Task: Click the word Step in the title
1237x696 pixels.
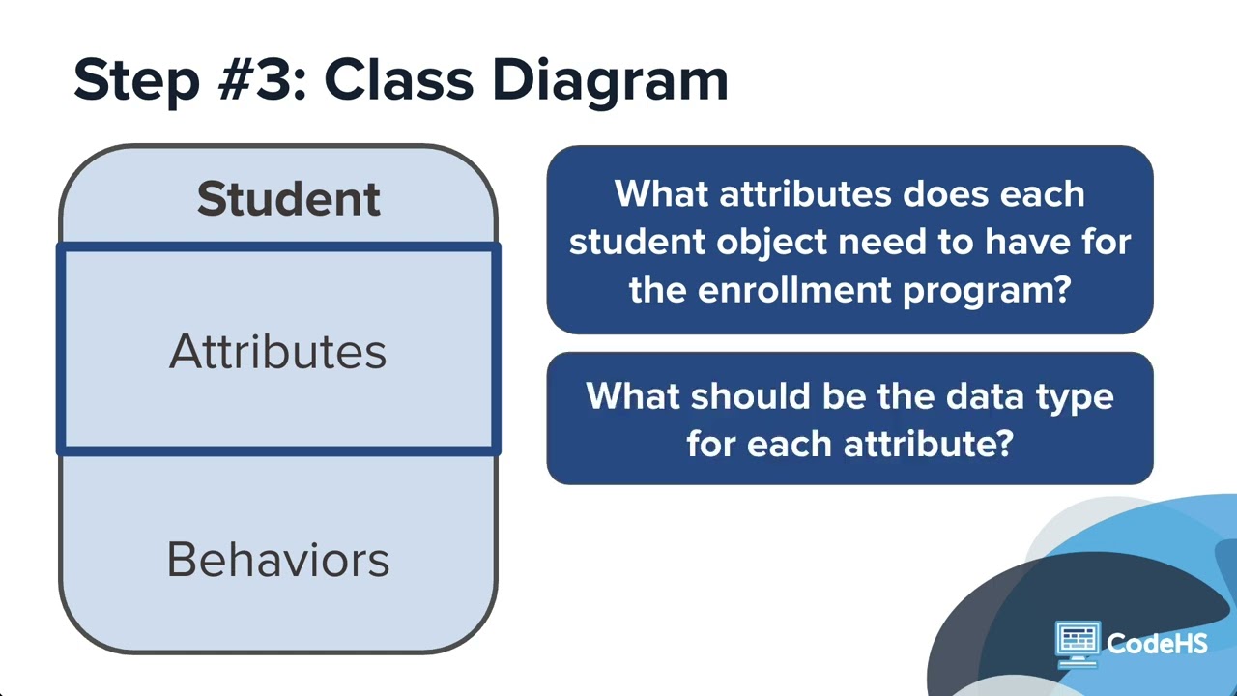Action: (136, 82)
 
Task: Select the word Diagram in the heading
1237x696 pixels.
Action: (610, 82)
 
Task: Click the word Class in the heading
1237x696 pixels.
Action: (399, 79)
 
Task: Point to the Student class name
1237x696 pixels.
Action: (289, 198)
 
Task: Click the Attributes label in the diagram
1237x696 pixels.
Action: (277, 351)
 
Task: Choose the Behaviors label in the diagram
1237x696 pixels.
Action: (277, 560)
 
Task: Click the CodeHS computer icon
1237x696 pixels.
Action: (1077, 644)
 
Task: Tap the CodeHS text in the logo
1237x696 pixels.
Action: (1157, 644)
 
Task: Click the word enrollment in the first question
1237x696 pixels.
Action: (794, 289)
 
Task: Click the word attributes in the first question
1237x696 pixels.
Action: (806, 194)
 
